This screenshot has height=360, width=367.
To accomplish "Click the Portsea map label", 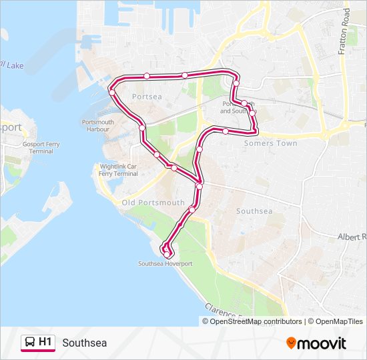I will [x=147, y=97].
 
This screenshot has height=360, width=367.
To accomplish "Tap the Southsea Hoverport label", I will [x=165, y=263].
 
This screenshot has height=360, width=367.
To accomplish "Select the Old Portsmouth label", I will [x=153, y=202].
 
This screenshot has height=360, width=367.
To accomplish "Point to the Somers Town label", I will [x=270, y=143].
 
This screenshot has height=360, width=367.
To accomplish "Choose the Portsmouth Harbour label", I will [x=98, y=125].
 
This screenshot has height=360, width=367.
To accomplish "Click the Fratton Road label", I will [x=344, y=33].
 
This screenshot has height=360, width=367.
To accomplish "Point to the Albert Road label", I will [x=352, y=237].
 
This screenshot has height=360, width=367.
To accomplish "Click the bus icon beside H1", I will [x=30, y=343].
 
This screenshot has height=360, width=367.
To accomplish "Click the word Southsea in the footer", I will [x=84, y=343].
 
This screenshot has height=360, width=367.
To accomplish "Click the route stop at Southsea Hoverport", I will [x=166, y=255].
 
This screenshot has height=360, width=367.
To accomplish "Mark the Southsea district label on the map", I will [x=254, y=211].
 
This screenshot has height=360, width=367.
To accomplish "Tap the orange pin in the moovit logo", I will [x=291, y=343].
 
